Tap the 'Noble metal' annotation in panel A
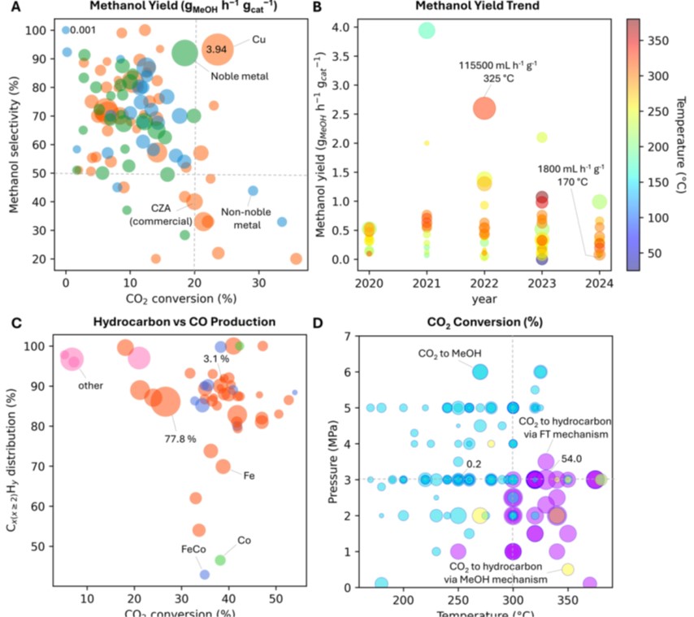(x=240, y=76)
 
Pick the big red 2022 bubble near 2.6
(x=484, y=108)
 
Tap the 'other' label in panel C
(x=90, y=385)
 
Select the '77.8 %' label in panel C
(x=180, y=438)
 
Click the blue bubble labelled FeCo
(x=205, y=574)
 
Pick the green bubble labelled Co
(x=219, y=559)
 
